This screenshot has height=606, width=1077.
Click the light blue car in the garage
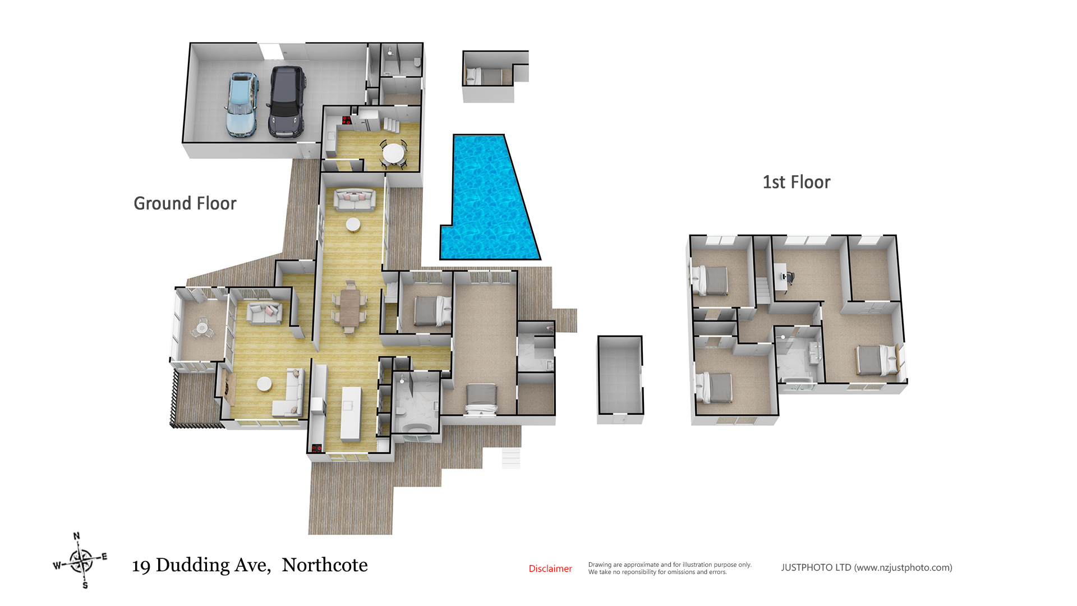[242, 105]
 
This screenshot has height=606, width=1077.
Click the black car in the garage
[287, 102]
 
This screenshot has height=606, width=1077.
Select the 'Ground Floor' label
[185, 203]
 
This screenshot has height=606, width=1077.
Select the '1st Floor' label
[796, 182]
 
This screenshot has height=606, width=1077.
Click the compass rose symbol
[81, 561]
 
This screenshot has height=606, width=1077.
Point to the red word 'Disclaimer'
[550, 569]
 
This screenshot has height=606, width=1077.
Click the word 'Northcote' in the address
[324, 565]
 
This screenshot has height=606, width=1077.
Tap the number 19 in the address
[141, 566]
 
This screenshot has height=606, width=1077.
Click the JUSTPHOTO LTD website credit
[866, 568]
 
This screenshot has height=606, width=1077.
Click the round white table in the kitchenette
[393, 152]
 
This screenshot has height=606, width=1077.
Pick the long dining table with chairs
[350, 307]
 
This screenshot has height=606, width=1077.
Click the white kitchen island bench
[351, 413]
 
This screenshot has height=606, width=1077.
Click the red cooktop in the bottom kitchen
[316, 448]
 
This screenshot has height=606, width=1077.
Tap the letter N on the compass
[77, 536]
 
